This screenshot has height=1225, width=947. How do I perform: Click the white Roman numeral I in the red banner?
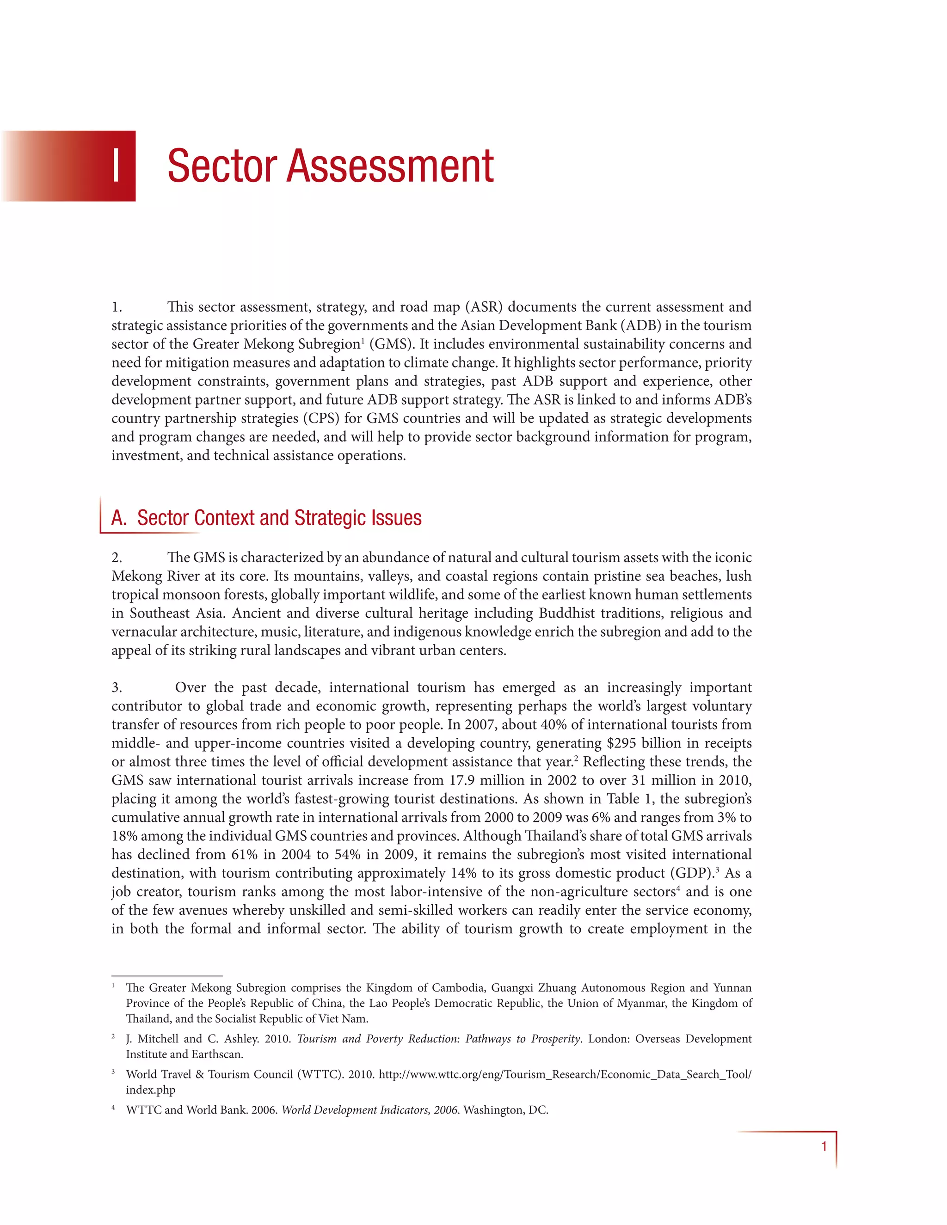[116, 166]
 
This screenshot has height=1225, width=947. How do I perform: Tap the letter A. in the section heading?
[119, 518]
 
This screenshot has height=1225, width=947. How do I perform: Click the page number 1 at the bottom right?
[824, 1146]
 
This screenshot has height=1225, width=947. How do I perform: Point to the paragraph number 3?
[117, 688]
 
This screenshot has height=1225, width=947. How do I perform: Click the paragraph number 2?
[117, 557]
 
